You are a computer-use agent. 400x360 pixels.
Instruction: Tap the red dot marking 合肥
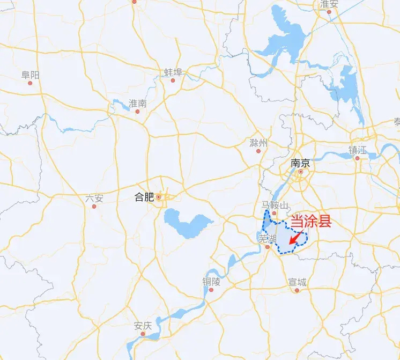click(159, 197)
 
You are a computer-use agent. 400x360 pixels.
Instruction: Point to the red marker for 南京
click(301, 172)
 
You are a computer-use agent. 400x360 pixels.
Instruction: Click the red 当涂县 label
click(310, 222)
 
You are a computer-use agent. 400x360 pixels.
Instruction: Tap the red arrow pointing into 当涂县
click(296, 238)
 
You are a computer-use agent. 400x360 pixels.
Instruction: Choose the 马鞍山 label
click(275, 205)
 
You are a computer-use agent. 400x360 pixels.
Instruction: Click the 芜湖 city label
click(266, 238)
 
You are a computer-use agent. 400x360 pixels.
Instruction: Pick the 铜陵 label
click(211, 281)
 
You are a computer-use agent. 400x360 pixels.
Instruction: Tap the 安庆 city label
click(143, 325)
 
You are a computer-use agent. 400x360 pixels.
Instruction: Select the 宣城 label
click(297, 282)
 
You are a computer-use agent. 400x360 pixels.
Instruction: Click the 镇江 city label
click(358, 150)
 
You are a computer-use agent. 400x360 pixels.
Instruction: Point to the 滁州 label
click(258, 143)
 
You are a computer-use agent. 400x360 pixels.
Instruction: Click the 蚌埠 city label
click(173, 72)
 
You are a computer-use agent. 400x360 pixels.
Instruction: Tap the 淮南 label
click(138, 103)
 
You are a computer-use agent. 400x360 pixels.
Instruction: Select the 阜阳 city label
click(31, 75)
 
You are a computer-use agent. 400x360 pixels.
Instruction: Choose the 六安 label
click(94, 198)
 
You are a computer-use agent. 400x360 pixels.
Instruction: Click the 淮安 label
click(329, 4)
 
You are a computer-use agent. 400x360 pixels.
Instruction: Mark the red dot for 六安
click(94, 206)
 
